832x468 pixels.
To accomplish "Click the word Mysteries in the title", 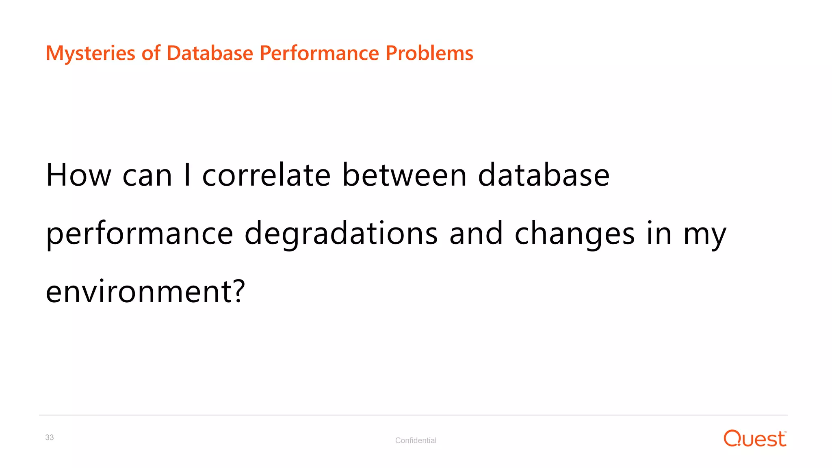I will pyautogui.click(x=90, y=53).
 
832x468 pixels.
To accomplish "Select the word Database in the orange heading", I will pyautogui.click(x=210, y=53).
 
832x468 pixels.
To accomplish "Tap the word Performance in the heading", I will pyautogui.click(x=319, y=53).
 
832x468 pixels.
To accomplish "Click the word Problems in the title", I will pyautogui.click(x=429, y=53).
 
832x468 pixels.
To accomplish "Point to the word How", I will pyautogui.click(x=78, y=175).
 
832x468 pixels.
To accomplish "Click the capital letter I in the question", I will pyautogui.click(x=187, y=175).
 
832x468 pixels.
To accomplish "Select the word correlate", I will pyautogui.click(x=266, y=175).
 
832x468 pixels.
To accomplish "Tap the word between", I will pyautogui.click(x=404, y=175).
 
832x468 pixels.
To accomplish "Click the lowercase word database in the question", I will pyautogui.click(x=544, y=175).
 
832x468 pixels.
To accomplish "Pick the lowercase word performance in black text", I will pyautogui.click(x=139, y=234).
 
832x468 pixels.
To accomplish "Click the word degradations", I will pyautogui.click(x=341, y=234).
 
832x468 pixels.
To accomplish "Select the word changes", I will pyautogui.click(x=574, y=234).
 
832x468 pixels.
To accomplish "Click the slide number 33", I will pyautogui.click(x=50, y=438).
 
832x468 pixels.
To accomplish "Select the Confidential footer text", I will pyautogui.click(x=416, y=440).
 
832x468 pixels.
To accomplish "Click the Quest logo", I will pyautogui.click(x=754, y=439).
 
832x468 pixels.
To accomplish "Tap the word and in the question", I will pyautogui.click(x=476, y=234).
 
